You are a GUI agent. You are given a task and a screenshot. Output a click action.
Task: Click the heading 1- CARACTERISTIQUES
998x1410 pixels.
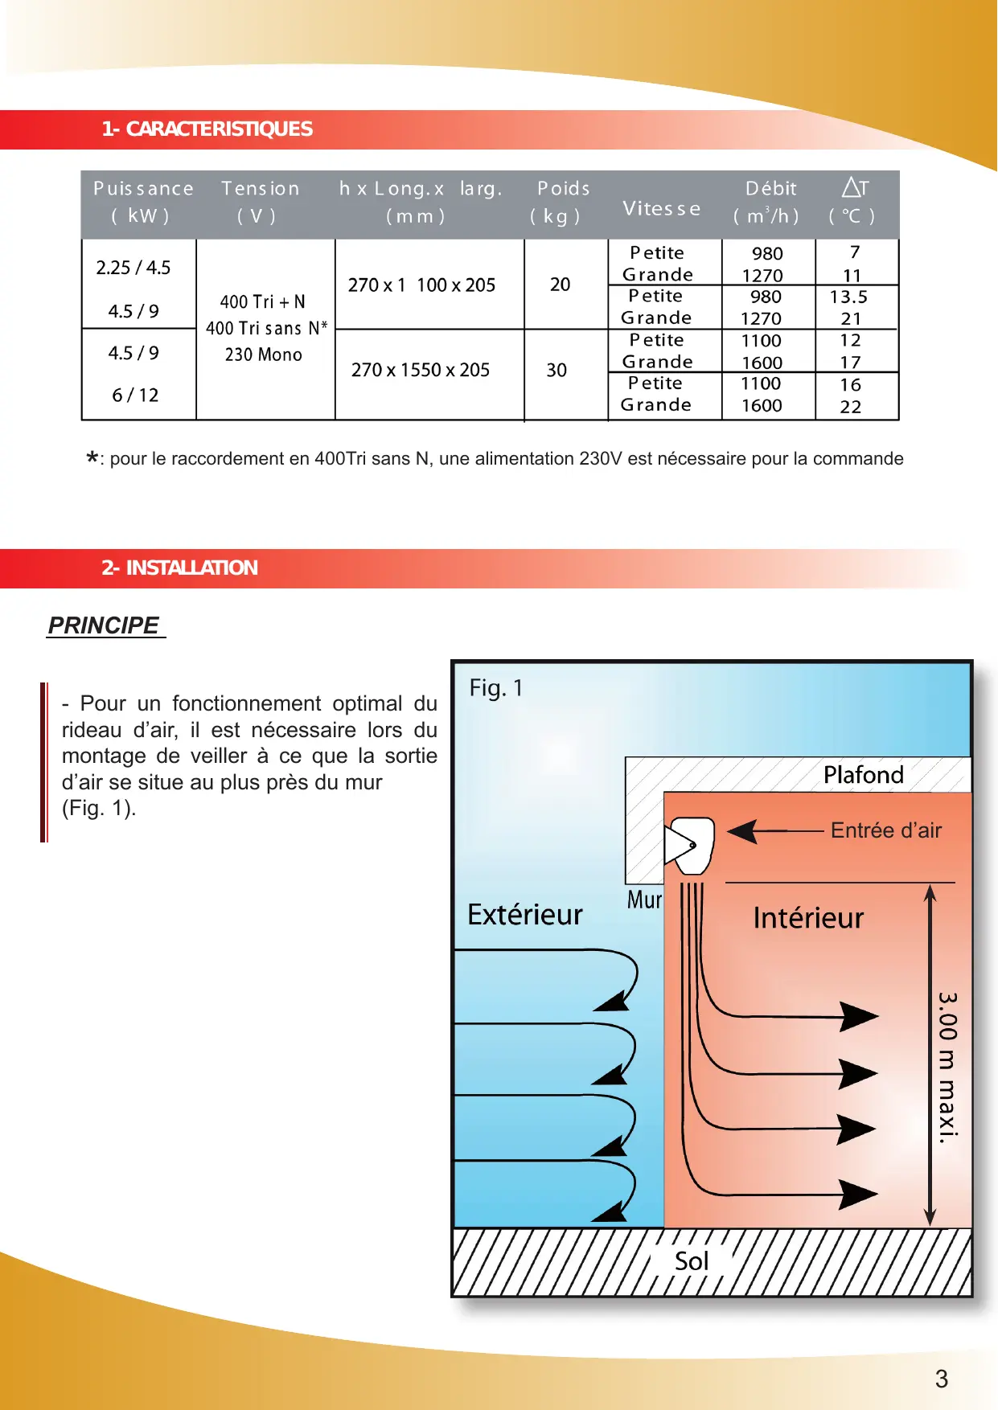coord(207,129)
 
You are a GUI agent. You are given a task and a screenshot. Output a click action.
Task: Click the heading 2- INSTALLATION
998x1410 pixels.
coord(179,568)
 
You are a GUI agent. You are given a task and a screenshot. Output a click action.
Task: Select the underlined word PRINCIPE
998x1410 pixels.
coord(104,625)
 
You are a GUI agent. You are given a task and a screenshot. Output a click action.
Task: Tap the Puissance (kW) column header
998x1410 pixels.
coord(142,202)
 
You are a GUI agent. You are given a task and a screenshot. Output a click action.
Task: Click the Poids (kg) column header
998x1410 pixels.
coord(562,202)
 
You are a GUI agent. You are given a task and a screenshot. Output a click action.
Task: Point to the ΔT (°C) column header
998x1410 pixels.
coord(853,202)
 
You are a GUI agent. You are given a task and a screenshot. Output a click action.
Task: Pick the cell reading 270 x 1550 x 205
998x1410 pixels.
coord(421,370)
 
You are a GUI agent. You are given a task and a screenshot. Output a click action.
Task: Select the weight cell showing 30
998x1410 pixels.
coord(556,370)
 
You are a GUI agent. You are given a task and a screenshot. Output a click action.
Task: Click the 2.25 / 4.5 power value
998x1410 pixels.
coord(133,268)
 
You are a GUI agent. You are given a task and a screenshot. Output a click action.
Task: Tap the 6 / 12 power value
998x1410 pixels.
coord(135,396)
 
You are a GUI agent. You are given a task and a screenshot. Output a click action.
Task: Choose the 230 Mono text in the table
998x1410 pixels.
coord(264,355)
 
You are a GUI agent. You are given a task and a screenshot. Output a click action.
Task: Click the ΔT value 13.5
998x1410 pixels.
coord(848,297)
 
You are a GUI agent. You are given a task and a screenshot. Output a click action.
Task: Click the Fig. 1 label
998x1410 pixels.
coord(496,688)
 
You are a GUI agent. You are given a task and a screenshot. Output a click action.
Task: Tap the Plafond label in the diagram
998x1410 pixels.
coord(864,775)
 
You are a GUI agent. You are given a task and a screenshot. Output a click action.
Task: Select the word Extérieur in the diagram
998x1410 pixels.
coord(525,915)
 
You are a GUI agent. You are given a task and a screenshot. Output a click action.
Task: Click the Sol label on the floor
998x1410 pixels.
coord(692,1261)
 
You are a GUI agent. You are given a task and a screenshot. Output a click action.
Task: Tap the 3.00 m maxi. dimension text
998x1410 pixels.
coord(947,1068)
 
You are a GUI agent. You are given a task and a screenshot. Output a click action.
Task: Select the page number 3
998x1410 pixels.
coord(942,1379)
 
